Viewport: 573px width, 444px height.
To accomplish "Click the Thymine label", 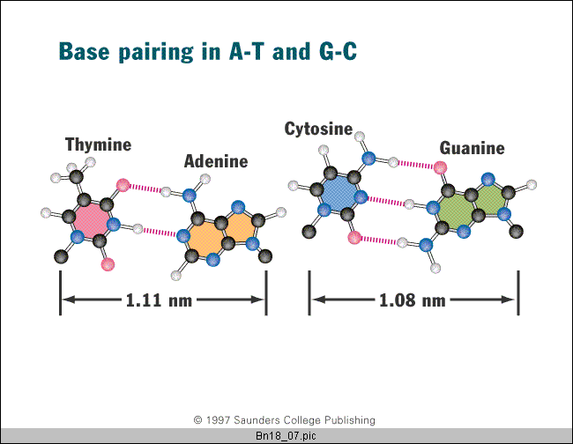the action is (99, 145).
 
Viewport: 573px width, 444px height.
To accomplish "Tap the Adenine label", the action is (216, 161).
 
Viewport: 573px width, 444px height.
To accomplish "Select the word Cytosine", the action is (318, 129).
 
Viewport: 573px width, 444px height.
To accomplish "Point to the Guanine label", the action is (473, 148).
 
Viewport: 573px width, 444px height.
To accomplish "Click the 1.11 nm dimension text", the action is (159, 300).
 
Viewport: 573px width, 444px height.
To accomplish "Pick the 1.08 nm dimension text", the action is (413, 300).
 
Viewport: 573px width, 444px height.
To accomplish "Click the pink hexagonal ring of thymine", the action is (92, 220).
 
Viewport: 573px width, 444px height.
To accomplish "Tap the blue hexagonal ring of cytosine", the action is (339, 193).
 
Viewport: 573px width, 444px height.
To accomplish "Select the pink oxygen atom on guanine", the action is (440, 167).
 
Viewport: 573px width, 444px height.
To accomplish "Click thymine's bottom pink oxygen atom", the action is (108, 264).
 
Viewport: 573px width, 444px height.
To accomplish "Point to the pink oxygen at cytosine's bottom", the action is (354, 237).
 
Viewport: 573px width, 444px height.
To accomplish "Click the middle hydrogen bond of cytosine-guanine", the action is (386, 201).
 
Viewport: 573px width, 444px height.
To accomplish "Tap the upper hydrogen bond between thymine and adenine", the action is (145, 189).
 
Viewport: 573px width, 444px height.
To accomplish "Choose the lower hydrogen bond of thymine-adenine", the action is (160, 232).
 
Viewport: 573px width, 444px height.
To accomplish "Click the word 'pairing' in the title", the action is (156, 52).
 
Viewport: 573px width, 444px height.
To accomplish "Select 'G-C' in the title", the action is (338, 51).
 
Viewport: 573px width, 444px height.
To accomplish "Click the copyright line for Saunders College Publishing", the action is (285, 420).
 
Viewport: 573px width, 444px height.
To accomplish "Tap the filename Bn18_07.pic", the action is (286, 436).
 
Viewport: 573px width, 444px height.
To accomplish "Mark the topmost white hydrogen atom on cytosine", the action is (360, 137).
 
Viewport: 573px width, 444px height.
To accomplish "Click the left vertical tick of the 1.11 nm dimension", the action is (60, 292).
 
